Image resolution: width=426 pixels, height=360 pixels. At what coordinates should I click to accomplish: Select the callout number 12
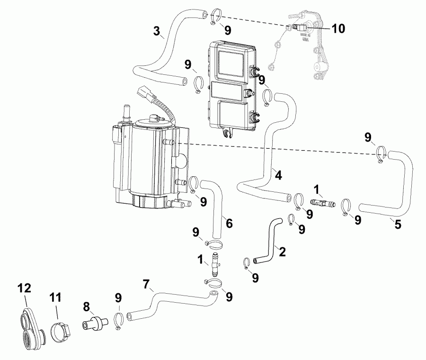24,288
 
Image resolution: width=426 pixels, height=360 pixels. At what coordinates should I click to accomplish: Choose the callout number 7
147,285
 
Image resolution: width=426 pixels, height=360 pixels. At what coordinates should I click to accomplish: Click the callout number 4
278,175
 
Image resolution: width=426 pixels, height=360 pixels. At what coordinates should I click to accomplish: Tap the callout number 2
282,252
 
